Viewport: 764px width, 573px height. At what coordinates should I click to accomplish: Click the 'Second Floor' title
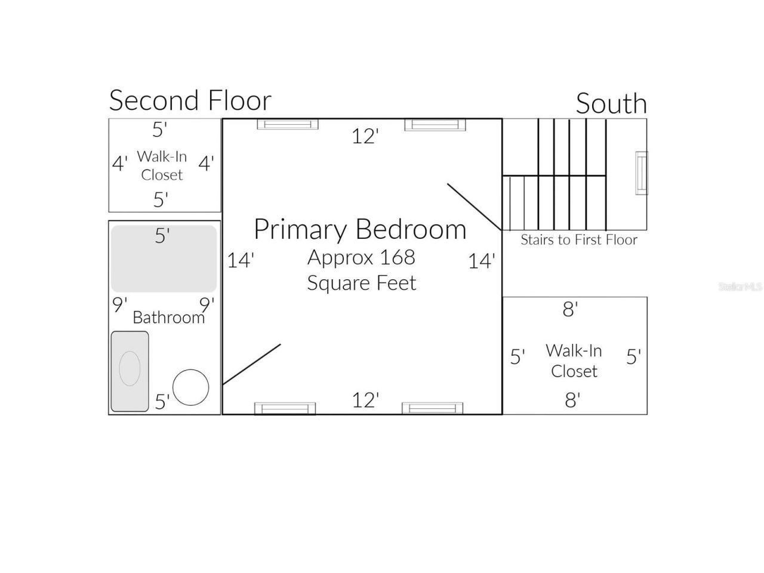190,100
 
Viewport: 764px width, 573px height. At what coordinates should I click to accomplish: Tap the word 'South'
611,104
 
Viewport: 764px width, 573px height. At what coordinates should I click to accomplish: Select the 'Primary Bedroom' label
360,229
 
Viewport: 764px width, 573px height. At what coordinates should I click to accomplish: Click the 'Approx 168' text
361,257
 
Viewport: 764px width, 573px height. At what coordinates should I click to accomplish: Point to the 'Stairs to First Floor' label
578,240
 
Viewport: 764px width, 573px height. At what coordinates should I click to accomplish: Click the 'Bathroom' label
168,317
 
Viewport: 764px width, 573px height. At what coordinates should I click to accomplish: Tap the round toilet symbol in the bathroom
191,387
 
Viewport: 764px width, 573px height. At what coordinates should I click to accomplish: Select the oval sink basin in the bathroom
130,368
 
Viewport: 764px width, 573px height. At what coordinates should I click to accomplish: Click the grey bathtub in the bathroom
164,258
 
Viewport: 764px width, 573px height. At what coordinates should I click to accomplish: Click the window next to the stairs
641,172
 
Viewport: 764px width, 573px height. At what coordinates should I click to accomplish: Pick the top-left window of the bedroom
288,124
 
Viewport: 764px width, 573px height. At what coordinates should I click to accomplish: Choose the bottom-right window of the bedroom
432,408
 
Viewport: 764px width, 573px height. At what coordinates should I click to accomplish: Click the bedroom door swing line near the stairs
474,207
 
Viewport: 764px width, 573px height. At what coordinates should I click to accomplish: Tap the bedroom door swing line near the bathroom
251,364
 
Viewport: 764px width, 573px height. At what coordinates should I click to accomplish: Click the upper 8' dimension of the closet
570,309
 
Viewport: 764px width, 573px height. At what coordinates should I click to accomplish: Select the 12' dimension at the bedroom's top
365,136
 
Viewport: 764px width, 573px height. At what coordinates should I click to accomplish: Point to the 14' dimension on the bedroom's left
241,260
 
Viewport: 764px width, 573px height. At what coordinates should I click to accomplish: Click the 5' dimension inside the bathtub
162,235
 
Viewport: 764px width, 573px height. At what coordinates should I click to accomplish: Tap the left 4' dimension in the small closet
120,162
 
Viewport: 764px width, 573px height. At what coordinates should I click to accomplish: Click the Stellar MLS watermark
740,286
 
